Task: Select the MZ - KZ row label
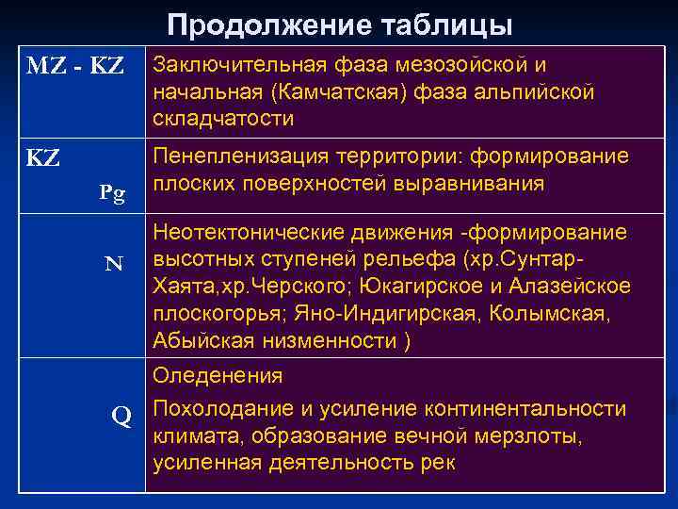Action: point(73,67)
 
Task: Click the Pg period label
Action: point(113,194)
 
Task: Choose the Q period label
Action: point(121,415)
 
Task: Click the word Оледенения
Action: point(218,376)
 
